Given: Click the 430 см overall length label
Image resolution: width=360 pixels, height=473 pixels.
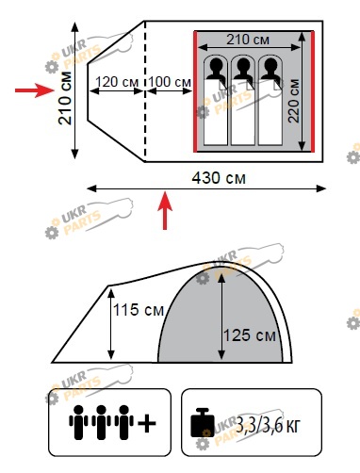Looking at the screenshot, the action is pos(219,178).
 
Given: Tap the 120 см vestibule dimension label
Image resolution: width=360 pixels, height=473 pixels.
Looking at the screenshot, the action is pos(117,82).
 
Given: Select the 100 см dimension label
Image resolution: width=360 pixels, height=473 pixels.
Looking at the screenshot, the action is pos(170,82).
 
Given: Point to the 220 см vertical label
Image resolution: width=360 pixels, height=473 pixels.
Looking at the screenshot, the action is pos(294,101).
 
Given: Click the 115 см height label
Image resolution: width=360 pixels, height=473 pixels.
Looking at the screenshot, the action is pos(139,310).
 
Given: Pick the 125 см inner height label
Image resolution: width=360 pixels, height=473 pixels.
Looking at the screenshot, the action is pos(250,335).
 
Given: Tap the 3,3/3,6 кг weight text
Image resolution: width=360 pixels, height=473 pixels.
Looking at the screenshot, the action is pos(268,426).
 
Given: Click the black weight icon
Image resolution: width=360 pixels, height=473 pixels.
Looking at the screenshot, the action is pos(203,422).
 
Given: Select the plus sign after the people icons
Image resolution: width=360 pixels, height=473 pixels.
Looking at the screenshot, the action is pos(147,423).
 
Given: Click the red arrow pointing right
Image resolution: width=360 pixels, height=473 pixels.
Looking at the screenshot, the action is pos(35,90).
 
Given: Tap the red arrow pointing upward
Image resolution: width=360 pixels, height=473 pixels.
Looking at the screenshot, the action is pos(165,210).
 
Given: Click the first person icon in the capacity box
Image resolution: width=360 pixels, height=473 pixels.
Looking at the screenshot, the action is pos(78,422).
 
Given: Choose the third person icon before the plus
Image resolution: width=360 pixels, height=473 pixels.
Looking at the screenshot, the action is pos(124,422).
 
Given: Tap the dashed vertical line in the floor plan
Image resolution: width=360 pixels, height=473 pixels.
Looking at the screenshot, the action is pos(145,91).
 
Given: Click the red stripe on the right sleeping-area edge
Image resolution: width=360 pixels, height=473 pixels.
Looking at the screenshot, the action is pos(313,91).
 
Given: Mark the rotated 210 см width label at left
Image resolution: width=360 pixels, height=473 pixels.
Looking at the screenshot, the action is pos(65,98).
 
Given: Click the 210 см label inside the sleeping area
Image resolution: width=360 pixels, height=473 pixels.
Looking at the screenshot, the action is pos(248,40).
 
